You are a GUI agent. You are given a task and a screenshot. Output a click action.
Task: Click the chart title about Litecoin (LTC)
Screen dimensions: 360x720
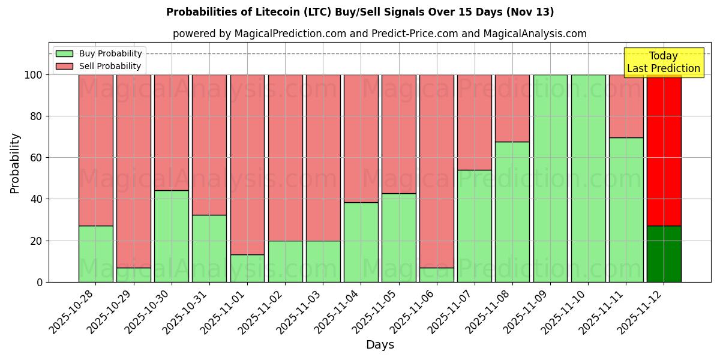360,12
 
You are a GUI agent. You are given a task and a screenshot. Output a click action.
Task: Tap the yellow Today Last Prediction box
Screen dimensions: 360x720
663,62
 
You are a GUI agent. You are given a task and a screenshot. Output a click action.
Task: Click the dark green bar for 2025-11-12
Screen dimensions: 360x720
664,254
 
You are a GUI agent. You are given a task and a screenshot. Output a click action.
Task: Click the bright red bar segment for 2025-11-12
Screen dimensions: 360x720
664,150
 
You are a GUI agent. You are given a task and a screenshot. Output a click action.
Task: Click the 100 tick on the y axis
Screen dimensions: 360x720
34,75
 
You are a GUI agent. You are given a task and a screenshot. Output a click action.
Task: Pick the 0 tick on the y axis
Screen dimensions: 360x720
40,282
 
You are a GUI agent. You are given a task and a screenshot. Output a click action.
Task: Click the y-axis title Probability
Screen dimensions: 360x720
15,163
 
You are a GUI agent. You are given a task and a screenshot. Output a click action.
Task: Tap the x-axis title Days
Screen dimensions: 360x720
380,345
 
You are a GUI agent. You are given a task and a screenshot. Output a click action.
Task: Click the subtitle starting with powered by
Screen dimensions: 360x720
379,34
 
